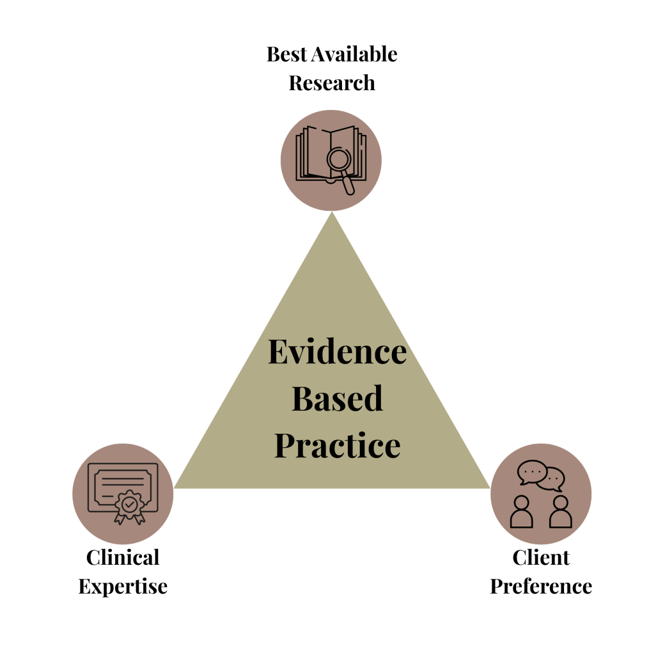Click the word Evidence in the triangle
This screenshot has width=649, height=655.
[337, 352]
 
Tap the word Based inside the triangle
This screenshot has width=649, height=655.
[337, 399]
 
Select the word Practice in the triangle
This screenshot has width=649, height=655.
[337, 445]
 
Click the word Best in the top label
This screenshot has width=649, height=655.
[286, 54]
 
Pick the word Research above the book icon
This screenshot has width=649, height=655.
[332, 83]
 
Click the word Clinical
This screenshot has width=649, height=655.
[123, 557]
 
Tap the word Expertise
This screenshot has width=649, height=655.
[123, 587]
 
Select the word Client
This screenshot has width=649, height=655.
[541, 557]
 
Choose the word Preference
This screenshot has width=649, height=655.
[541, 587]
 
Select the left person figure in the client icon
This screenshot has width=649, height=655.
[522, 512]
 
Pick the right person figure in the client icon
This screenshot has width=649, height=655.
[560, 512]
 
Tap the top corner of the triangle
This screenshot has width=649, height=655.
[332, 216]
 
